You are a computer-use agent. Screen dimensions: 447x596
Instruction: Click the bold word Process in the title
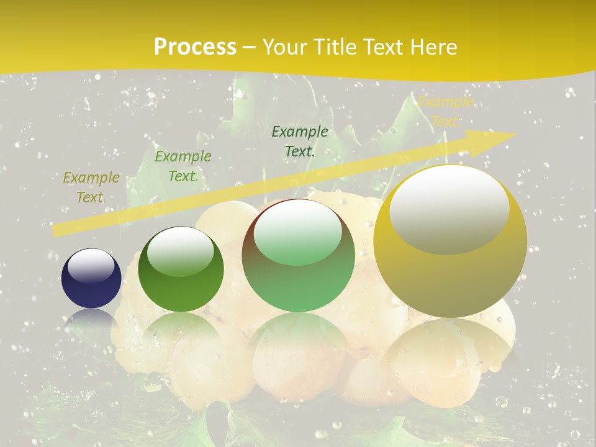[x=195, y=47]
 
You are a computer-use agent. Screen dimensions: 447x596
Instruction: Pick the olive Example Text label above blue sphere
[x=91, y=187]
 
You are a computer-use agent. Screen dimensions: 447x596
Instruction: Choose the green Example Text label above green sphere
[x=183, y=166]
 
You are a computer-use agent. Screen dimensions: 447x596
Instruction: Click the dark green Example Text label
[x=300, y=141]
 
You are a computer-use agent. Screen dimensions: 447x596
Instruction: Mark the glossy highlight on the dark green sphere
[x=181, y=250]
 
